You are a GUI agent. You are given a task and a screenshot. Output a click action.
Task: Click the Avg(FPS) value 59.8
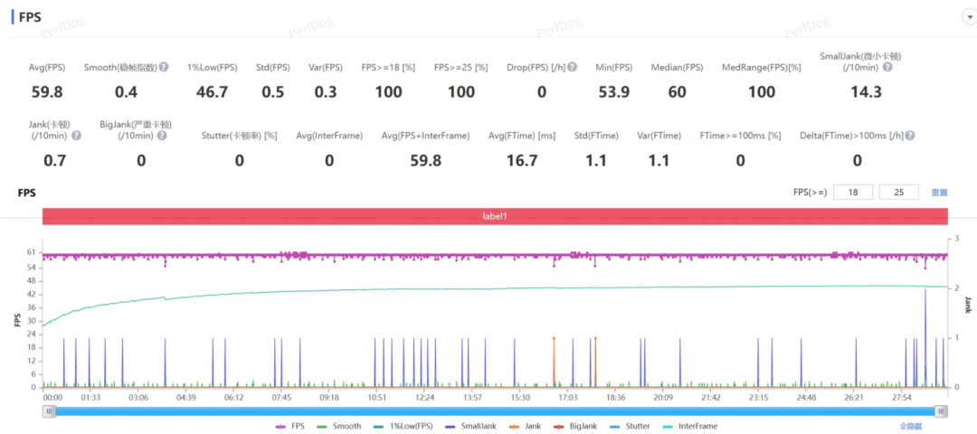pyautogui.click(x=46, y=91)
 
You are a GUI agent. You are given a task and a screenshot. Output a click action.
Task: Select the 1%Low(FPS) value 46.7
pyautogui.click(x=212, y=91)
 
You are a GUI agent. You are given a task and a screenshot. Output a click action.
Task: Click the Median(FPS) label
pyautogui.click(x=677, y=68)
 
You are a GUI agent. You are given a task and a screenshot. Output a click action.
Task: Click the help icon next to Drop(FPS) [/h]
pyautogui.click(x=573, y=68)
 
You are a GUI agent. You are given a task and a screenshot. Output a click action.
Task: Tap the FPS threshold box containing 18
pyautogui.click(x=853, y=192)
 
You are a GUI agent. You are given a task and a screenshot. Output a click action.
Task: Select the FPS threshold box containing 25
pyautogui.click(x=899, y=192)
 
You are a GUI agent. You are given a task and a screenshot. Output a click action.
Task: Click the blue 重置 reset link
pyautogui.click(x=940, y=192)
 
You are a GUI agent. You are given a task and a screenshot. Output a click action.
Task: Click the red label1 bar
pyautogui.click(x=494, y=217)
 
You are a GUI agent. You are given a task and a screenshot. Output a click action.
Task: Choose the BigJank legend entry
pyautogui.click(x=575, y=426)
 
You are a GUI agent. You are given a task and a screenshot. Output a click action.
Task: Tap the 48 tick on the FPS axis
pyautogui.click(x=31, y=280)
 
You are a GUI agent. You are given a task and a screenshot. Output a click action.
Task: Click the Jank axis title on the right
pyautogui.click(x=967, y=305)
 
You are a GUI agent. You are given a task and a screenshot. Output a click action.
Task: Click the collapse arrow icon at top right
pyautogui.click(x=968, y=17)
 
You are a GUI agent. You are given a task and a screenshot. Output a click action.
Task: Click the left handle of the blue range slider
pyautogui.click(x=50, y=410)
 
